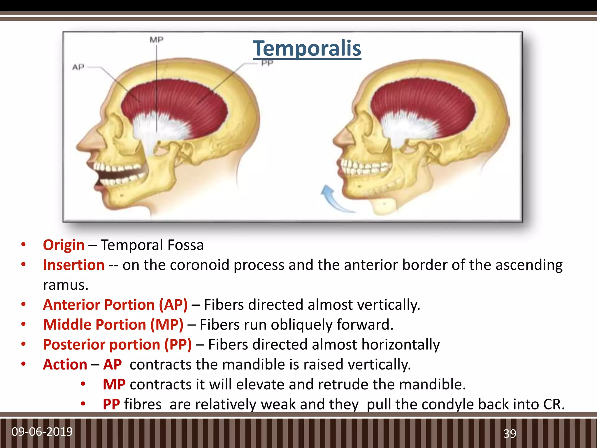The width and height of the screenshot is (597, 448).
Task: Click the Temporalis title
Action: pyautogui.click(x=307, y=48)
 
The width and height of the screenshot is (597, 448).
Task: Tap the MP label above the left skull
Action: pyautogui.click(x=157, y=40)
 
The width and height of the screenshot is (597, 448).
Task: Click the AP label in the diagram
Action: pyautogui.click(x=78, y=67)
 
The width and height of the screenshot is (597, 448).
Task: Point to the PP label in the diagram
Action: pyautogui.click(x=267, y=63)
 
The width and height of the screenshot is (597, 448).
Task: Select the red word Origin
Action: pyautogui.click(x=64, y=245)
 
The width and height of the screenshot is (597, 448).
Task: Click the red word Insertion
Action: pyautogui.click(x=73, y=265)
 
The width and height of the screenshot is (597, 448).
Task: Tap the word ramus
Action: pyautogui.click(x=65, y=285)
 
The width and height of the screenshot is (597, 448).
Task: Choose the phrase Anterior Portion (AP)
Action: pyautogui.click(x=115, y=305)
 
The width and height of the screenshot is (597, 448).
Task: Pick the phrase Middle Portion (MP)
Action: pyautogui.click(x=113, y=325)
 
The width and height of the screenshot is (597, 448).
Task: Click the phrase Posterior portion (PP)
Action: pyautogui.click(x=117, y=345)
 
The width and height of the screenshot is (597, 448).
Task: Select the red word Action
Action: pyautogui.click(x=65, y=365)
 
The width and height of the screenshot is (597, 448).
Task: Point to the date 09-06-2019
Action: pyautogui.click(x=42, y=431)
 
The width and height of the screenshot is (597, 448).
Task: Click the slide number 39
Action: pyautogui.click(x=510, y=434)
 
